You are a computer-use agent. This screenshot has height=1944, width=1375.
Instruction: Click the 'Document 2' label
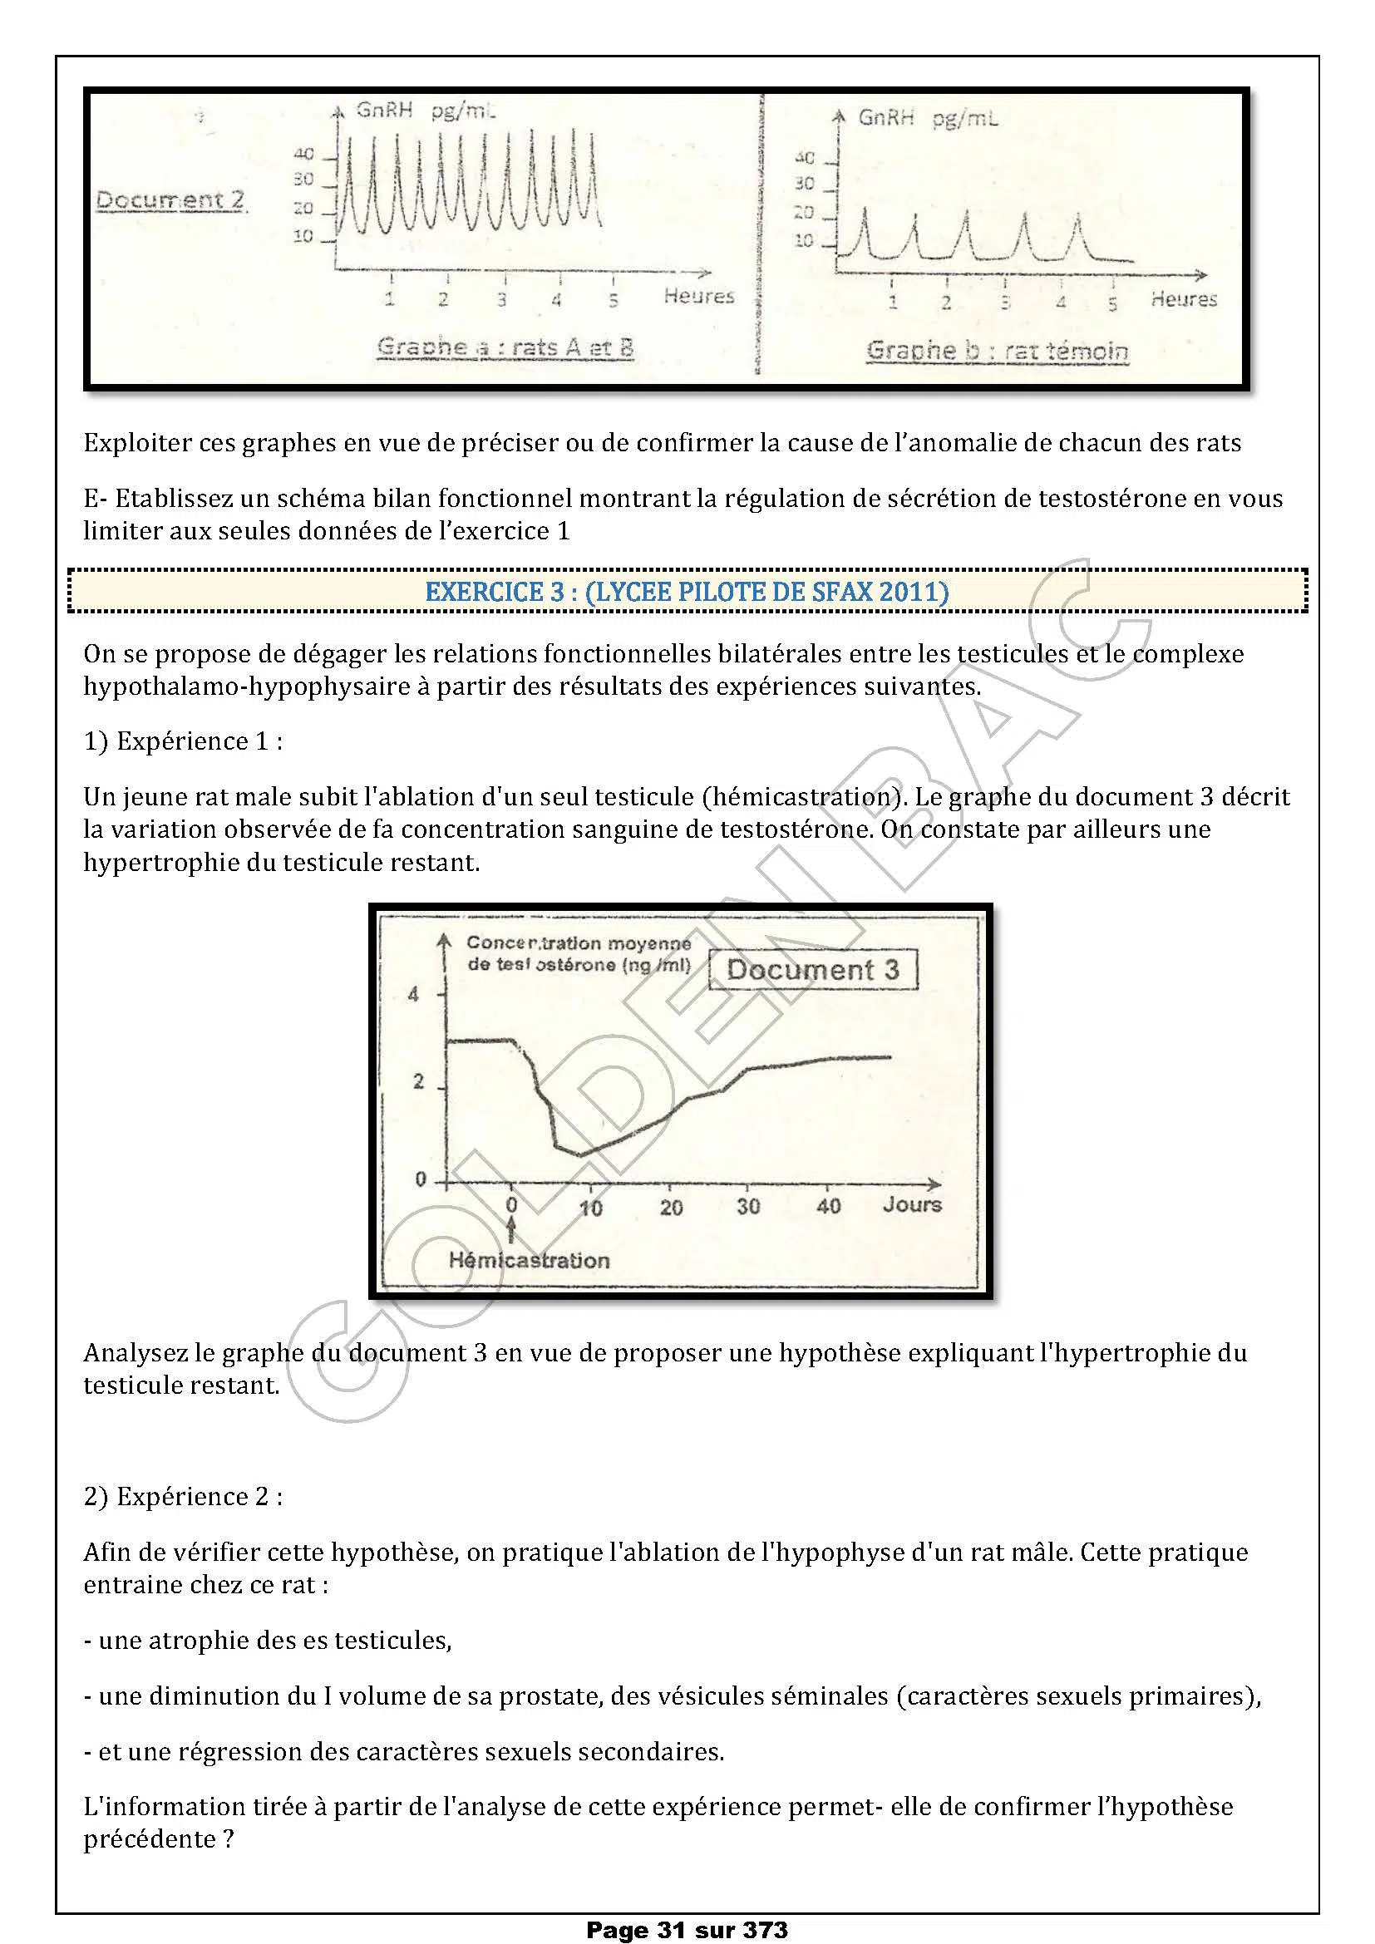170,200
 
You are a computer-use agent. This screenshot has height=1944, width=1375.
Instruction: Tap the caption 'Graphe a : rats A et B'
505,347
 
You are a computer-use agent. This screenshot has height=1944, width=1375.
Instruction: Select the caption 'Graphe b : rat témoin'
997,351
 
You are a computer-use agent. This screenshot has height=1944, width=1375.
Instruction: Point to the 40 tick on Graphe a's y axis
304,154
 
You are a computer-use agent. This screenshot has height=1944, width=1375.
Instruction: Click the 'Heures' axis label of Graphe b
1183,299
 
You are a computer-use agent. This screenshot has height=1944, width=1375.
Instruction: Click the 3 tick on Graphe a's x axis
502,298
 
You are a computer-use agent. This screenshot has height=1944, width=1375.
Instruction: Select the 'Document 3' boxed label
812,969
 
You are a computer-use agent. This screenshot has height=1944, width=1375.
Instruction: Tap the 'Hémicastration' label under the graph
529,1260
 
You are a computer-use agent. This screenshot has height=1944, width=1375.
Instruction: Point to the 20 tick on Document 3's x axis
671,1208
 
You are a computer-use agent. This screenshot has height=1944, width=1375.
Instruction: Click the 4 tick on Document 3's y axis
413,995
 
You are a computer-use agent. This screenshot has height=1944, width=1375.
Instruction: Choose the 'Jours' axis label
912,1205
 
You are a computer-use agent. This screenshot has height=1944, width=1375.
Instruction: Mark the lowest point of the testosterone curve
581,1154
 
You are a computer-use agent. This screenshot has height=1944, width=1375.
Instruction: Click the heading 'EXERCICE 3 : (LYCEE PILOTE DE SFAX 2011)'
687,591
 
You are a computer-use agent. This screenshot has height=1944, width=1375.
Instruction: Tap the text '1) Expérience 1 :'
183,741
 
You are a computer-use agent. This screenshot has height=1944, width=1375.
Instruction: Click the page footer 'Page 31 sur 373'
687,1930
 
